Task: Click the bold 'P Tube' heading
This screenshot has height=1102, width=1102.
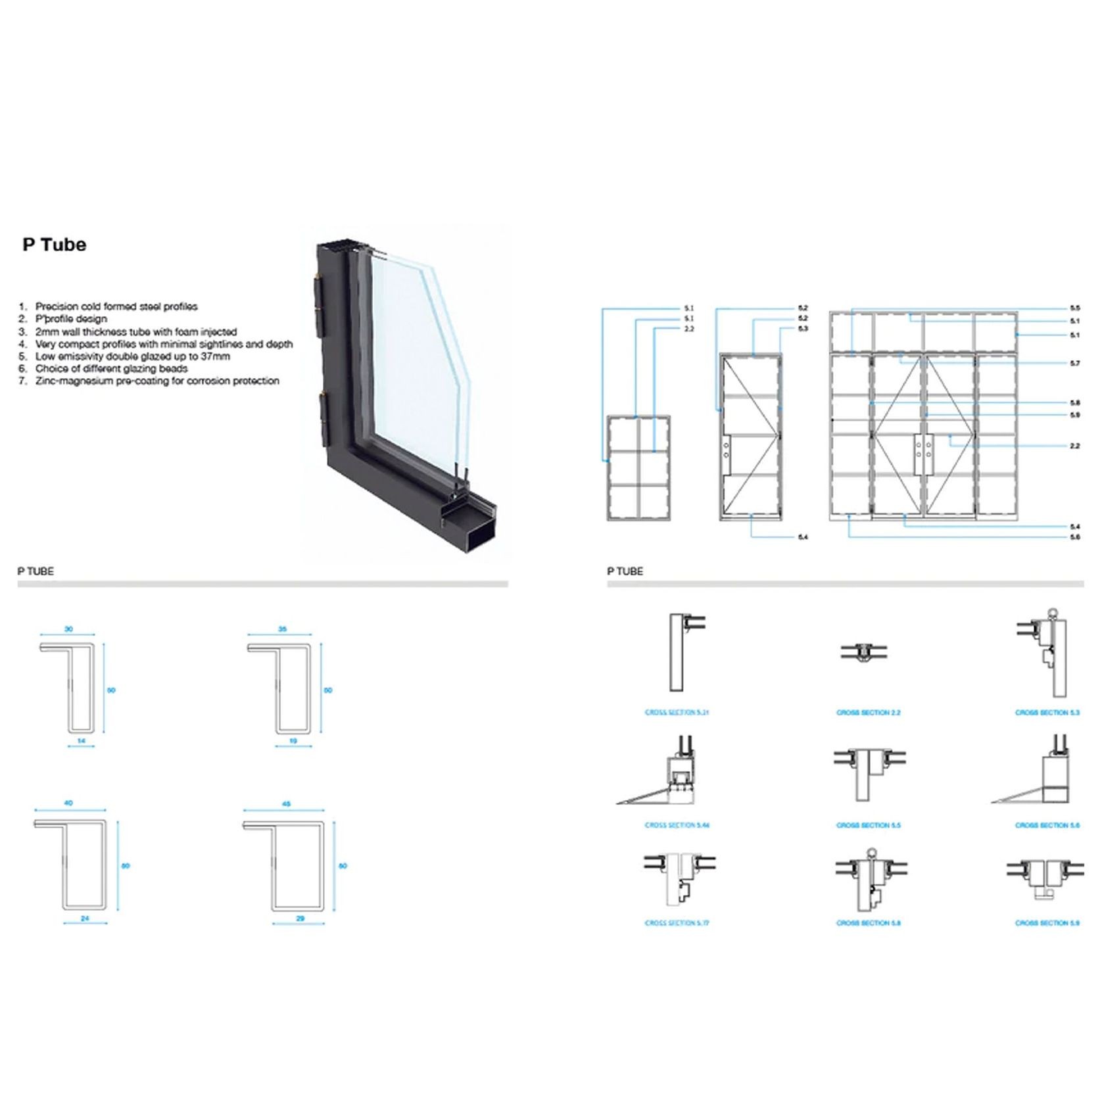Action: [55, 245]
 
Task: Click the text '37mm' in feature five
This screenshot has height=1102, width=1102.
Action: [216, 356]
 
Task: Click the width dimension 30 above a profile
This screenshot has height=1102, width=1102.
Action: [68, 629]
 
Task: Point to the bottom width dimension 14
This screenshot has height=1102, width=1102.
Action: [82, 741]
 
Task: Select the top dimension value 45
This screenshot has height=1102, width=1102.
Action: [286, 803]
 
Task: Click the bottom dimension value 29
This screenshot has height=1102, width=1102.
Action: [300, 919]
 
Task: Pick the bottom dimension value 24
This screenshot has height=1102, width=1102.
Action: [85, 919]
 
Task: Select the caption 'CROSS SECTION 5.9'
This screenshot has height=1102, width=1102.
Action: [1047, 923]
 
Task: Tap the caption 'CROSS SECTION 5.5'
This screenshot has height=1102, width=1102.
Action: [868, 825]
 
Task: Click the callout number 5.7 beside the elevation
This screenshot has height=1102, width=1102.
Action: [1074, 364]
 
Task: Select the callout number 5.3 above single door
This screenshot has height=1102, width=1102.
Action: [802, 328]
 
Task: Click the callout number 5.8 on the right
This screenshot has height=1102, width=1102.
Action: [1074, 403]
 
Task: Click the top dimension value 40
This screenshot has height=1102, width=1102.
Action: [68, 803]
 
